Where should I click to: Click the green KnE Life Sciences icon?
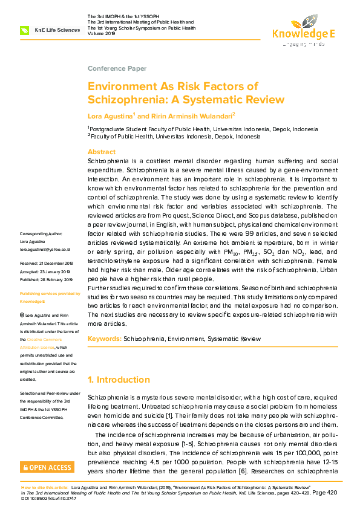(x=25, y=30)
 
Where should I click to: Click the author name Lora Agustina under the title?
(x=111, y=115)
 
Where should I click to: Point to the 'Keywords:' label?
(x=105, y=339)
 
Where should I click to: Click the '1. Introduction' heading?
(x=119, y=380)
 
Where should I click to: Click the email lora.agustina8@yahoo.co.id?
(x=45, y=249)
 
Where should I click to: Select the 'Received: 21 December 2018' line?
(x=47, y=264)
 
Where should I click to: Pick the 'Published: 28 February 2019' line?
(x=47, y=280)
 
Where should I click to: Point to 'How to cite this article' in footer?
(x=44, y=487)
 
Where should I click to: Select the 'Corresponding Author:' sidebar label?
(x=41, y=233)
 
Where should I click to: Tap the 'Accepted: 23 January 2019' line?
(x=46, y=272)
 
